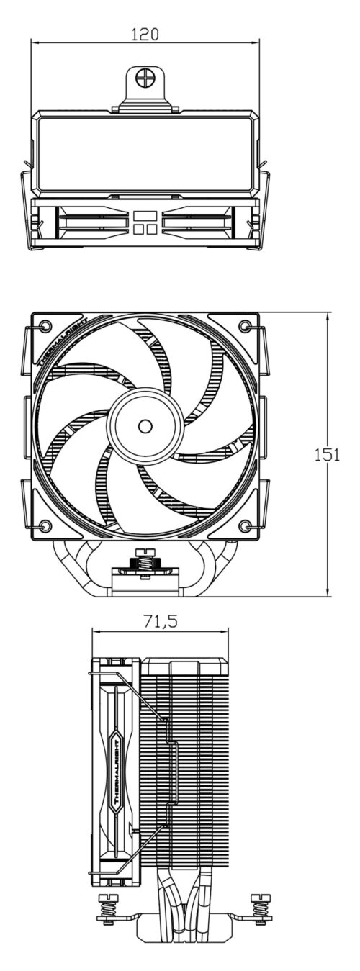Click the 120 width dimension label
145,34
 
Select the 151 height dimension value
328,454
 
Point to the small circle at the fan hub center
145,426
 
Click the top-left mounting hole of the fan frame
44,326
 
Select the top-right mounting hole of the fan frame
248,326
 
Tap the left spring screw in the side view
106,903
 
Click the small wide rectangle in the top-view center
145,214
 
